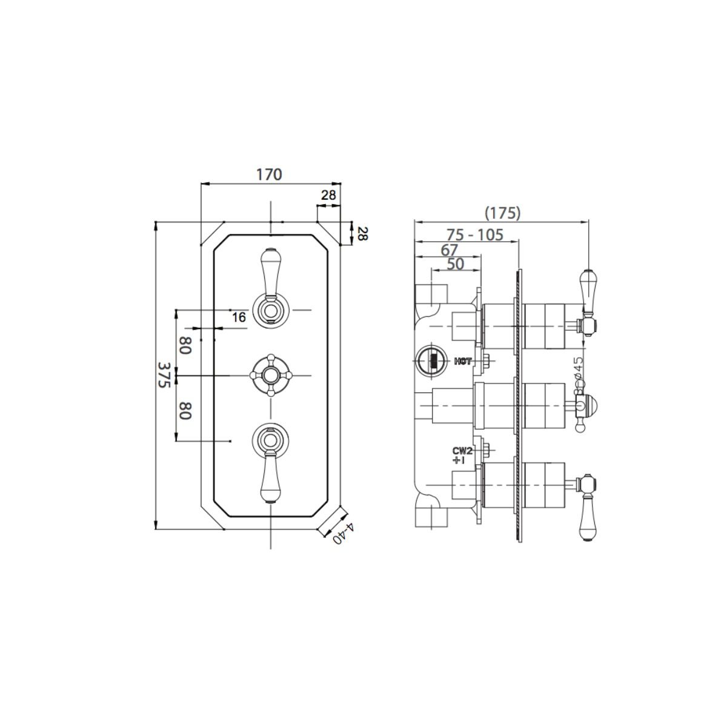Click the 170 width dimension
coord(269,174)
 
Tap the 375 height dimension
coord(164,375)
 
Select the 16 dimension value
coord(239,317)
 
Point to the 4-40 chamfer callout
coord(344,533)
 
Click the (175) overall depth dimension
coord(502,213)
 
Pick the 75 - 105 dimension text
coord(475,235)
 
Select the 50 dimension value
coord(455,264)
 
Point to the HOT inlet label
coord(462,362)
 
